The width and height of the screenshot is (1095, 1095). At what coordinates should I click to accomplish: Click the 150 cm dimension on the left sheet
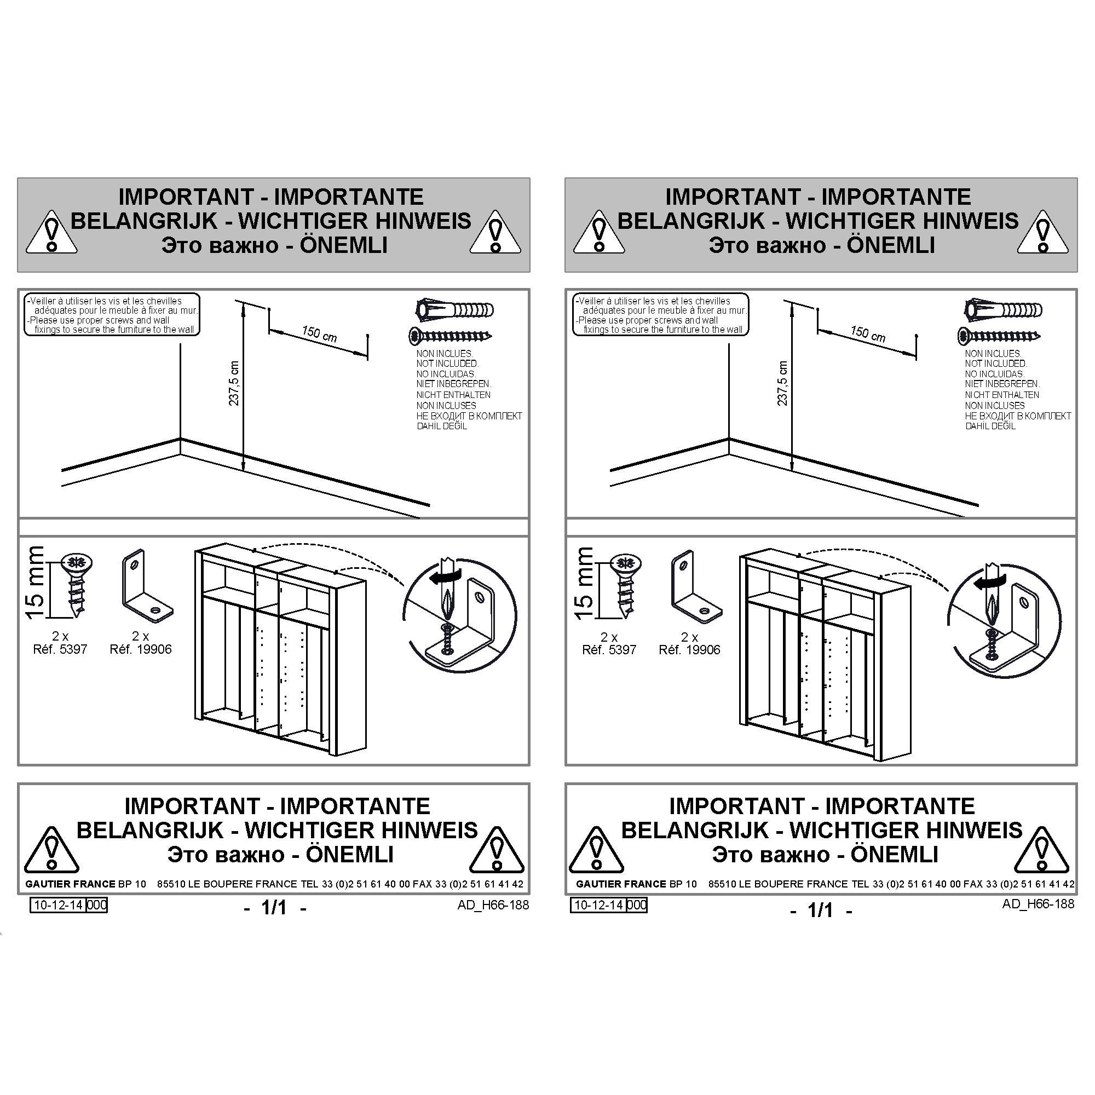pyautogui.click(x=319, y=335)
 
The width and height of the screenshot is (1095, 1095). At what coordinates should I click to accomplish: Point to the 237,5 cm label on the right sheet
pyautogui.click(x=783, y=383)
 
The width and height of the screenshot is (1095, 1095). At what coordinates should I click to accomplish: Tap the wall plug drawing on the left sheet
pyautogui.click(x=454, y=310)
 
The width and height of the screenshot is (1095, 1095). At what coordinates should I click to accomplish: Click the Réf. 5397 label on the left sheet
pyautogui.click(x=60, y=649)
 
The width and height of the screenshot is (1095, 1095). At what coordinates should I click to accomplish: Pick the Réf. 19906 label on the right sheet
pyautogui.click(x=689, y=650)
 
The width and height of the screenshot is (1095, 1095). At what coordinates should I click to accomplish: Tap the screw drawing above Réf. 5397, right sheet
pyautogui.click(x=626, y=585)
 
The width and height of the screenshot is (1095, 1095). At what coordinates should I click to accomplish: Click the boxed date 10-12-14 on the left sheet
pyautogui.click(x=59, y=905)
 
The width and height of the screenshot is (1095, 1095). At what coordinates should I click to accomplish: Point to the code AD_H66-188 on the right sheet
pyautogui.click(x=1038, y=903)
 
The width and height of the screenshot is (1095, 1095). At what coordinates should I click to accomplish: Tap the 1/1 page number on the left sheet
pyautogui.click(x=274, y=907)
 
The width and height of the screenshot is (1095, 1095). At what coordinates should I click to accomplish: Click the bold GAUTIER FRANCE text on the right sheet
pyautogui.click(x=621, y=884)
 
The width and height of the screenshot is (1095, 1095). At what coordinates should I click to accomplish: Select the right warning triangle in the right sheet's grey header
pyautogui.click(x=1043, y=234)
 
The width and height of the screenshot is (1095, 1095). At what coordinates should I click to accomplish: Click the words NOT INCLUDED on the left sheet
pyautogui.click(x=448, y=364)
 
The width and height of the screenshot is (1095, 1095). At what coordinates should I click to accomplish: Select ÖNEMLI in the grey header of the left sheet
pyautogui.click(x=343, y=245)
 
